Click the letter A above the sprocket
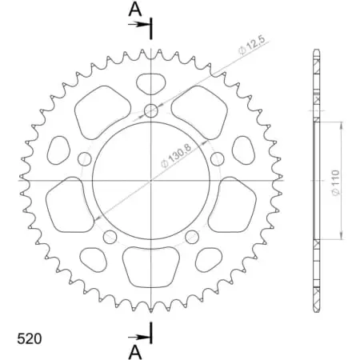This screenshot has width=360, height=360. (135, 9)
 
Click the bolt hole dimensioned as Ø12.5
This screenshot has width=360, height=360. (150, 110)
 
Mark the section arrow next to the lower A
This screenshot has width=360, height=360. (144, 334)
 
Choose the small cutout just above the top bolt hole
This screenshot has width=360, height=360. (150, 82)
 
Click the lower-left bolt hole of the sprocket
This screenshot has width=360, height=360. (109, 236)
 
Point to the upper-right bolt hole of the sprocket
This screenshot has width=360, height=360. (217, 158)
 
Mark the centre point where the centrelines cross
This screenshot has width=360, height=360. (150, 181)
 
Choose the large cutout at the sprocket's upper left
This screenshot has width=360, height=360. (99, 109)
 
